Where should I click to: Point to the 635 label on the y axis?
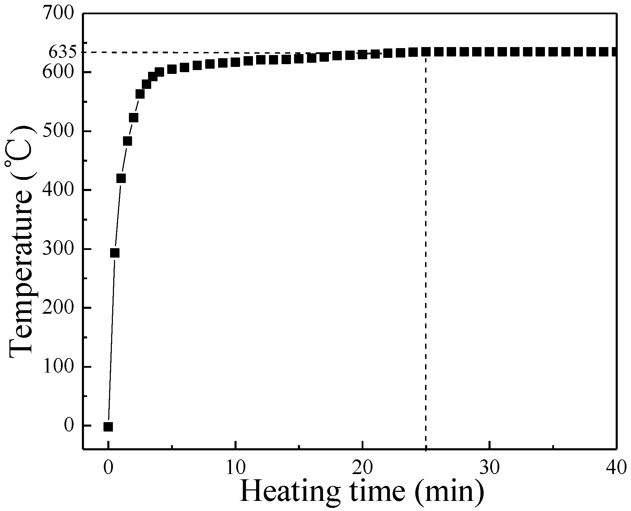[62, 52]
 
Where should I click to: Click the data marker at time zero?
[108, 427]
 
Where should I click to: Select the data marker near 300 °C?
[115, 253]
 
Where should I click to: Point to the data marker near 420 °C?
[121, 178]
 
